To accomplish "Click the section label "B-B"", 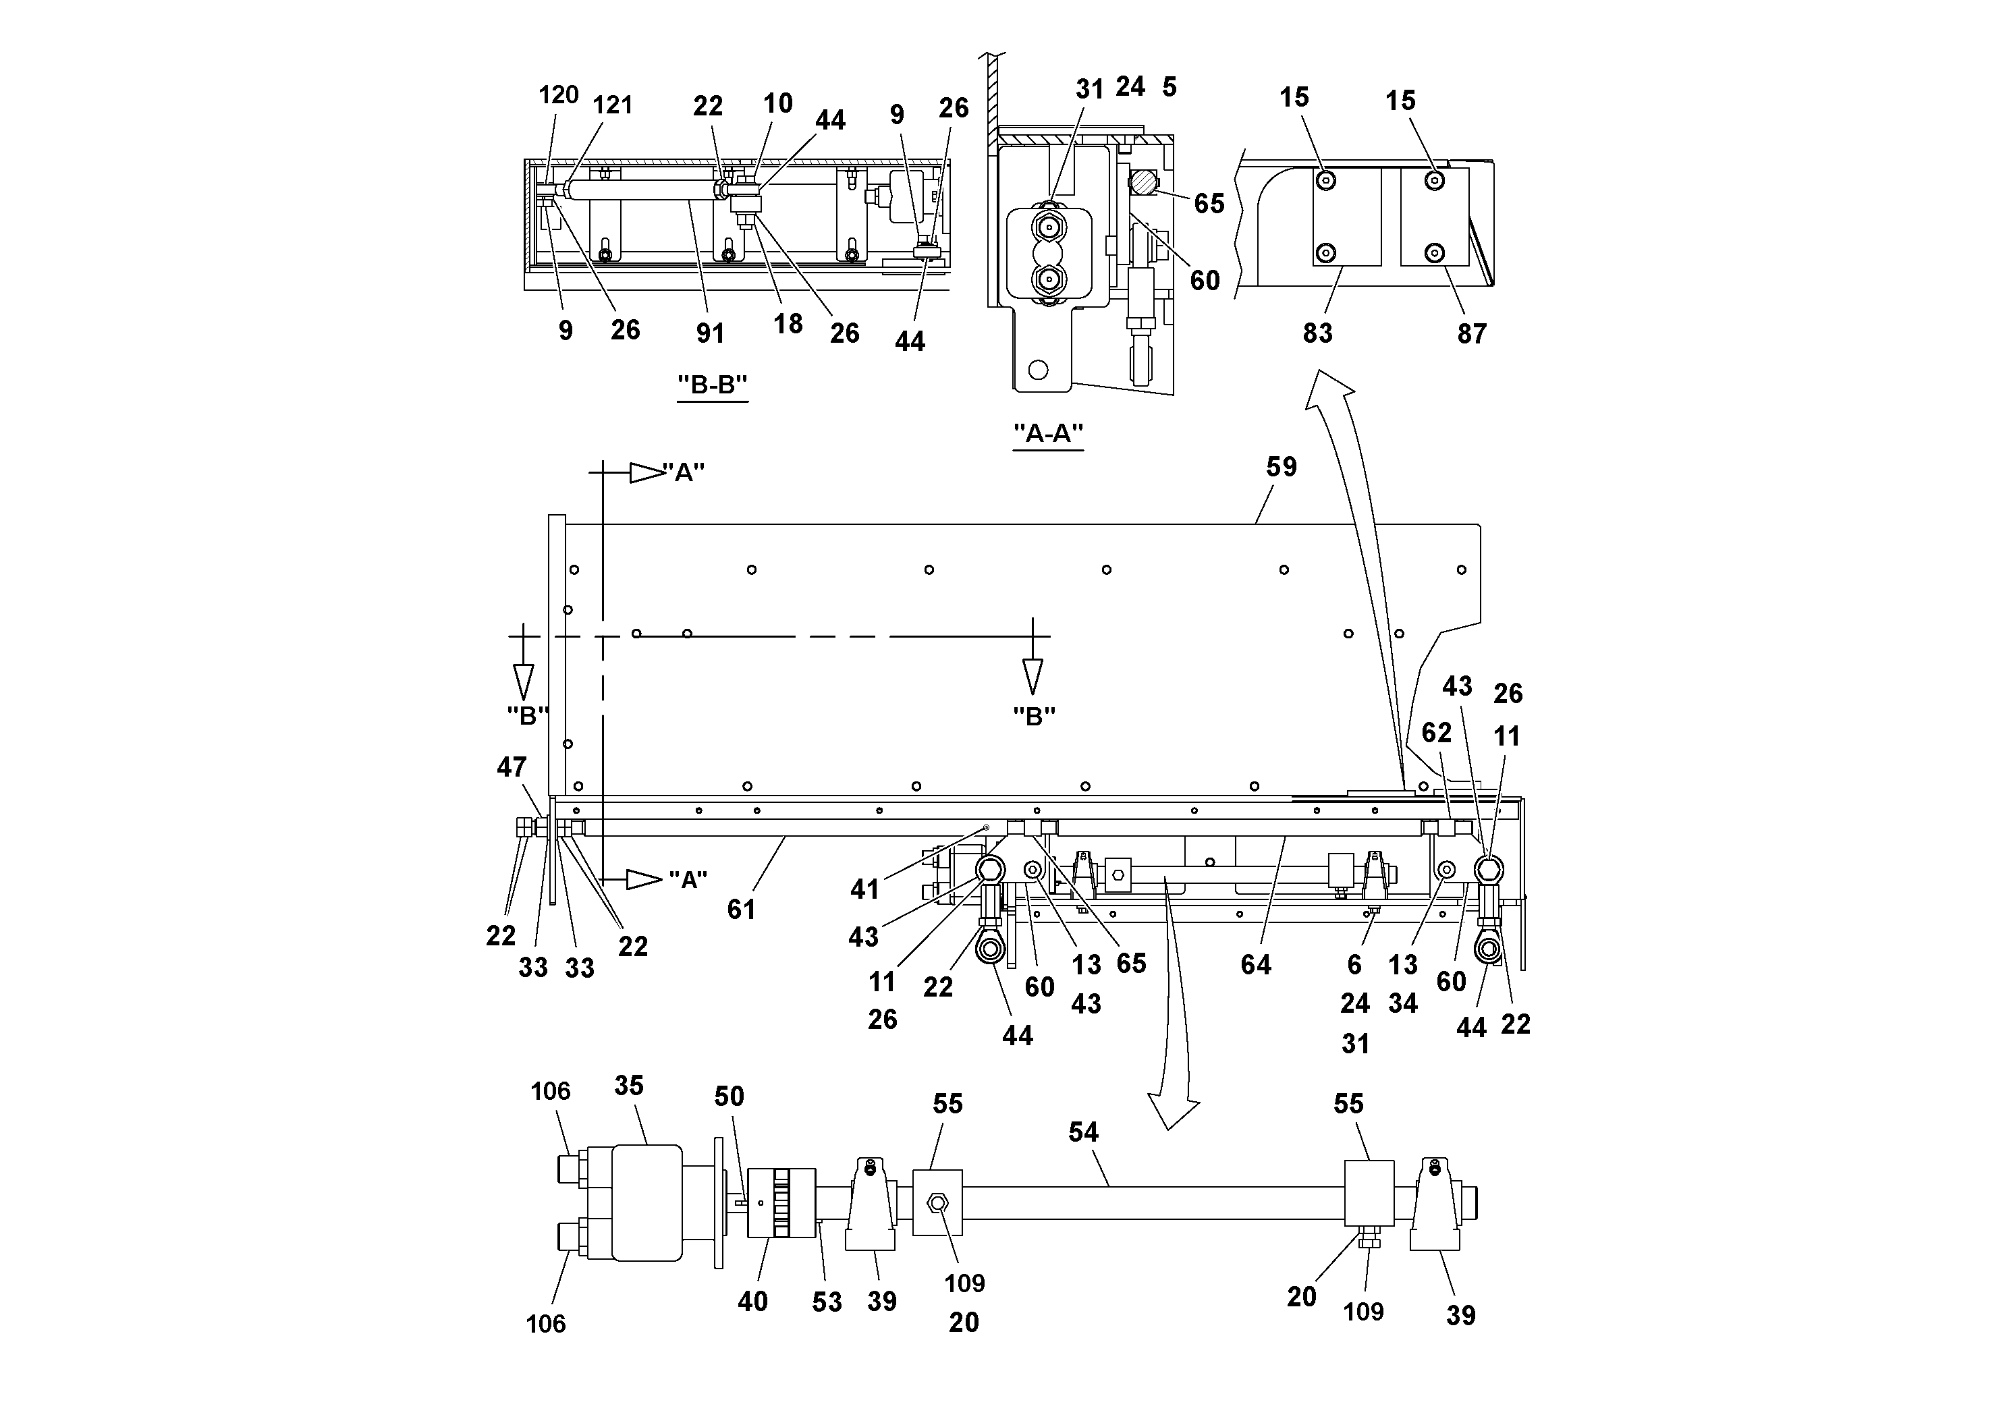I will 712,384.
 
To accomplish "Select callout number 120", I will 558,94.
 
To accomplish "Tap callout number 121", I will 613,105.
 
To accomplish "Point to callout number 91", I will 710,333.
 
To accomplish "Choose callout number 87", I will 1471,333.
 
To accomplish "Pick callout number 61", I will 740,910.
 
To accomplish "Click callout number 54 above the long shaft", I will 1082,1132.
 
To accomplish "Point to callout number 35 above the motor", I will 628,1086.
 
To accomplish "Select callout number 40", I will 752,1302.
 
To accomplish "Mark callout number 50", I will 729,1096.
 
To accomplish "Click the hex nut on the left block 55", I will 937,1203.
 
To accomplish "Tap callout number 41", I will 864,890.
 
